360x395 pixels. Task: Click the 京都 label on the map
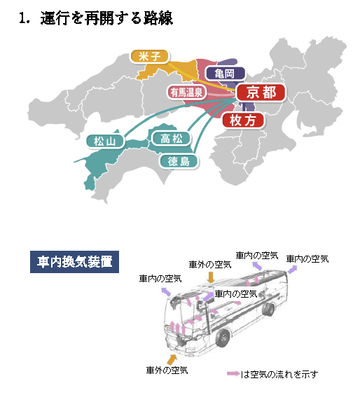(261, 92)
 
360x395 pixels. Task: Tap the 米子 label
(149, 57)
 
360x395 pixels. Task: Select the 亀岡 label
(226, 74)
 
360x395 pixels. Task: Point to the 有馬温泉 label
(186, 92)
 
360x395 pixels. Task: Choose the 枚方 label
(243, 120)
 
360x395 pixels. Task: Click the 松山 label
(105, 141)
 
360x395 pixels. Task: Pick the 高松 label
(172, 138)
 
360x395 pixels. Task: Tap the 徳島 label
(179, 161)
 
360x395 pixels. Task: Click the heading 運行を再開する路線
(106, 18)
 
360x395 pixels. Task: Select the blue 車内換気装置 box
(74, 262)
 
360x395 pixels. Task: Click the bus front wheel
(223, 338)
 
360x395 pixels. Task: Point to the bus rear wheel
(268, 310)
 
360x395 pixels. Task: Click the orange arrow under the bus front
(172, 359)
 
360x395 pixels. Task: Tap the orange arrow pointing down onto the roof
(211, 277)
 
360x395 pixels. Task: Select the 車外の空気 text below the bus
(167, 370)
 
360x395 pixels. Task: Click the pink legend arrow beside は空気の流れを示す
(233, 373)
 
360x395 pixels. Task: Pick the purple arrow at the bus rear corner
(292, 270)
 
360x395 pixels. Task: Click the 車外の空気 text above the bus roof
(210, 264)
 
